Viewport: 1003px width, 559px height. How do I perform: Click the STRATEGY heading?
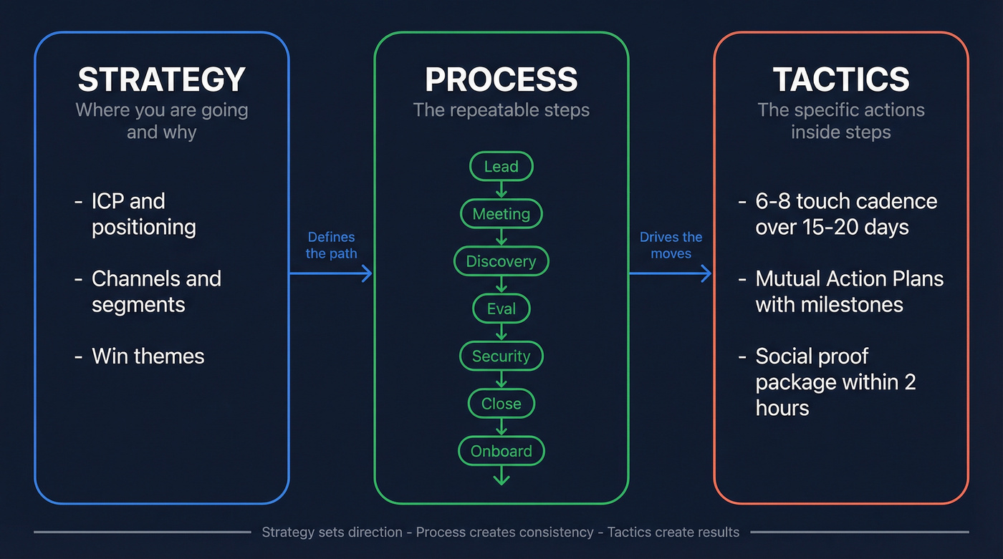click(x=161, y=79)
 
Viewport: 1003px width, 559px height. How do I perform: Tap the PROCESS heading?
click(x=501, y=79)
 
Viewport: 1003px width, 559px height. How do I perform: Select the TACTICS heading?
click(x=841, y=79)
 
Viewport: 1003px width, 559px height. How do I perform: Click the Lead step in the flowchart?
click(x=501, y=167)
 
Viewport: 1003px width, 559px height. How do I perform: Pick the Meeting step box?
click(x=501, y=214)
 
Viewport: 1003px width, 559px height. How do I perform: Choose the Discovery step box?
click(x=501, y=261)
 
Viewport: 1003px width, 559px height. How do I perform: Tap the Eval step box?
click(x=501, y=308)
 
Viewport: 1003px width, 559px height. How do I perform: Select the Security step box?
click(x=501, y=356)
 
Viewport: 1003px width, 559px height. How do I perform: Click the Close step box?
click(x=501, y=404)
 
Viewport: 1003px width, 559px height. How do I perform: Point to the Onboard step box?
click(x=501, y=451)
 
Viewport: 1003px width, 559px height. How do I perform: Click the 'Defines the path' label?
click(x=331, y=245)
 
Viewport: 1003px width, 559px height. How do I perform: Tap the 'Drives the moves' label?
click(x=671, y=245)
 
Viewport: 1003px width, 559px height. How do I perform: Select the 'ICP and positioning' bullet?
click(x=143, y=214)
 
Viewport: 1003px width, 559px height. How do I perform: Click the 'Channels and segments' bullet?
click(x=155, y=291)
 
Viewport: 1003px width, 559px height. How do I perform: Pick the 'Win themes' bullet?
click(x=148, y=356)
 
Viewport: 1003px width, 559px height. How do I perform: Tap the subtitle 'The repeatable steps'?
click(x=501, y=110)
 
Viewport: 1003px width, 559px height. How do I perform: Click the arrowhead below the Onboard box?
click(x=501, y=478)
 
